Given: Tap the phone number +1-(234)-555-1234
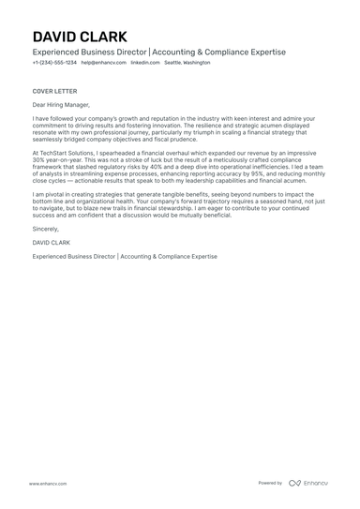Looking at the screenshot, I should click(54, 63).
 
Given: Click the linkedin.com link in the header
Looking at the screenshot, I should click(144, 63).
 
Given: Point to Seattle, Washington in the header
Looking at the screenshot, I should click(187, 63).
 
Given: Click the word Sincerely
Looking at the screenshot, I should click(45, 228).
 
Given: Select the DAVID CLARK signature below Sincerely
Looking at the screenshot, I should click(52, 242).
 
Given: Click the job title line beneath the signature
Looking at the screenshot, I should click(124, 255).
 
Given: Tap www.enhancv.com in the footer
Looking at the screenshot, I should click(47, 484).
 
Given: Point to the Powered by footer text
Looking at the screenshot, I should click(270, 483).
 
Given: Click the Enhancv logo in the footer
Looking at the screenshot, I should click(308, 483).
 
